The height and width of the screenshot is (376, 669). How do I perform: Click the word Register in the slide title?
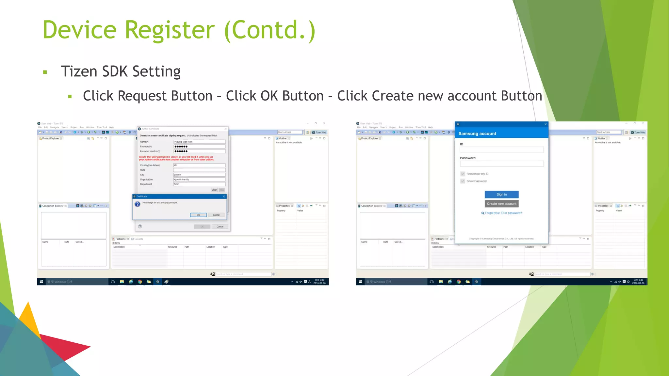pos(170,30)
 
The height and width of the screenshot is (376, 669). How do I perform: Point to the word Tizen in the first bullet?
pos(79,71)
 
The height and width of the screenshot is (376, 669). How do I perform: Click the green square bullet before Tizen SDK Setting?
pos(45,72)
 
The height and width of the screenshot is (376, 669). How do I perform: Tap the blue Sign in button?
pos(501,195)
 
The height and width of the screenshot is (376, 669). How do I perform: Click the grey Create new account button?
pos(501,204)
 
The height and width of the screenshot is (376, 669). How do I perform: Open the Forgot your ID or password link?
pos(503,213)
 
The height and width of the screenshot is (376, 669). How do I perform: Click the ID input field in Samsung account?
pos(501,150)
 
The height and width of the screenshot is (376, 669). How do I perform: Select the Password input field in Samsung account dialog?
pos(501,164)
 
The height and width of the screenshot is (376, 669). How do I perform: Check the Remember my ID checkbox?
pos(463,174)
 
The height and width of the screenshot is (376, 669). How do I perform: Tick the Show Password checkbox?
pos(463,181)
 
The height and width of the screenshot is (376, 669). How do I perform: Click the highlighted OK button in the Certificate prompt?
pos(198,215)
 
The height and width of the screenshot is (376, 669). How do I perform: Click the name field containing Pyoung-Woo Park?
pos(199,142)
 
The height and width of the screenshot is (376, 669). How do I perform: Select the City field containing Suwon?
pos(199,175)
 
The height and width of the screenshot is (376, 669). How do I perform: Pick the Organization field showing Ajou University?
pos(199,180)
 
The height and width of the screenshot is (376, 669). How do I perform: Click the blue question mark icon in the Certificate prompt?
pos(138,204)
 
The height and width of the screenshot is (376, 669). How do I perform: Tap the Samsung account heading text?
pos(477,134)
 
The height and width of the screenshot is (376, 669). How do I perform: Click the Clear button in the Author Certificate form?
pos(214,190)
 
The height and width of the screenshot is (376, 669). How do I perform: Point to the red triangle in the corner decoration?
pos(65,346)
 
